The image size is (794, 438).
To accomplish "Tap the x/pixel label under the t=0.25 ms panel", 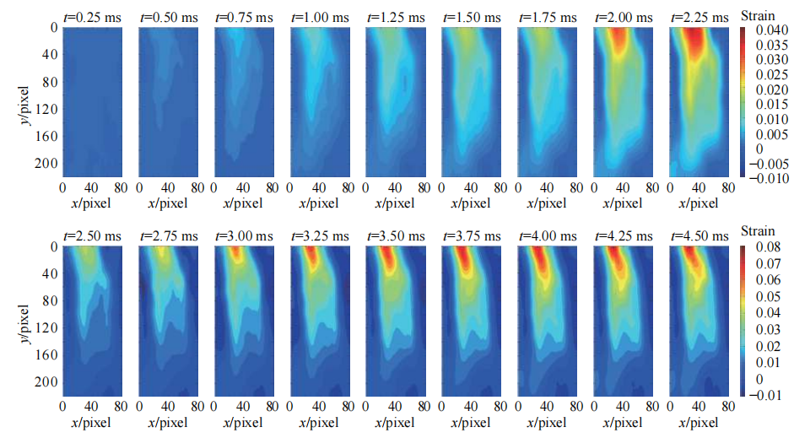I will point(93,203).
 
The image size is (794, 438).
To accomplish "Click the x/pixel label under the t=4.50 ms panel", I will point(698,422).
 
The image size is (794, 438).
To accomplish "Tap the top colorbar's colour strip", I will point(743,101).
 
